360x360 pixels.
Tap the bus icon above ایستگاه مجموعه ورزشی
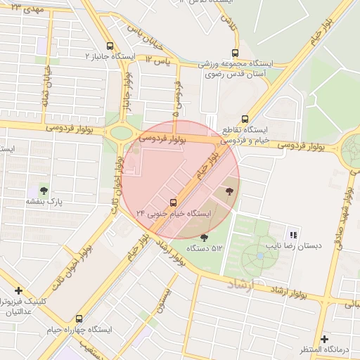tap(235, 52)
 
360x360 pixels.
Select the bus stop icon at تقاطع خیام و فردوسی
tap(245, 119)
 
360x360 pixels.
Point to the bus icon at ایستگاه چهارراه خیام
tap(79, 318)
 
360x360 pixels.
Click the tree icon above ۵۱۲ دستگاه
tap(205, 238)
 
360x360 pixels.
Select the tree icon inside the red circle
tap(228, 191)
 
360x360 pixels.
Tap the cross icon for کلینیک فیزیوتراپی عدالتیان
tap(18, 290)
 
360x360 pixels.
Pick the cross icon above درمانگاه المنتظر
tap(323, 337)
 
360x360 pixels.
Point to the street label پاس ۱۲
tap(159, 62)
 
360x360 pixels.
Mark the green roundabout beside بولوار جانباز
tap(121, 132)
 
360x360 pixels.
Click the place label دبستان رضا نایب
tap(292, 247)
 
